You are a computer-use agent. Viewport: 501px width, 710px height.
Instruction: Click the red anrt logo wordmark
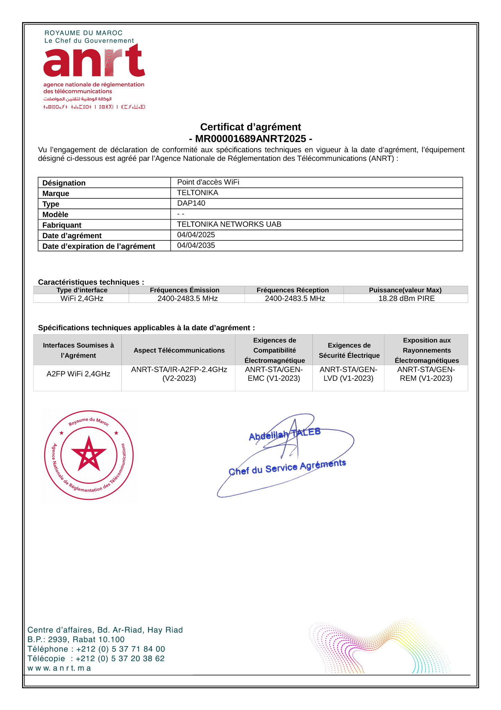(x=94, y=61)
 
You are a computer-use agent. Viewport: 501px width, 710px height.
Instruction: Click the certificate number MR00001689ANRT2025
(x=250, y=139)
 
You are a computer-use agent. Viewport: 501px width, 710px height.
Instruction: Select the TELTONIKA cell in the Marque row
(x=198, y=193)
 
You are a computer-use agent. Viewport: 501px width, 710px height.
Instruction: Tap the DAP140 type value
(x=191, y=203)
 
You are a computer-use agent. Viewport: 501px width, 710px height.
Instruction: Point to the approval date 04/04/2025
(x=196, y=235)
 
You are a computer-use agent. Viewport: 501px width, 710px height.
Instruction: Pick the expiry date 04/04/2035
(x=196, y=246)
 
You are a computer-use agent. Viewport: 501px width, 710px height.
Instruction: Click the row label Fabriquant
(x=62, y=225)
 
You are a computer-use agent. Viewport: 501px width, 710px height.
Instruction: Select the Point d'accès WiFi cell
(x=208, y=182)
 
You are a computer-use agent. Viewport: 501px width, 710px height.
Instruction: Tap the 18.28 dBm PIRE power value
(x=406, y=299)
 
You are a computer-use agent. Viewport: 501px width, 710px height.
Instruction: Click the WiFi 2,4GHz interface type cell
(x=82, y=299)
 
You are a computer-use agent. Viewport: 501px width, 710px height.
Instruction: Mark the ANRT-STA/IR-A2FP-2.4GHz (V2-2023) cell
(x=179, y=374)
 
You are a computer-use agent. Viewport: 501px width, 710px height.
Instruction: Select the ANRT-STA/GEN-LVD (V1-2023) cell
(x=348, y=374)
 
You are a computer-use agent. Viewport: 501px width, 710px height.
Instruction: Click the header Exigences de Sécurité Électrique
(x=349, y=350)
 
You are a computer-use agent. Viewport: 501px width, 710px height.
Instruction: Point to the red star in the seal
(x=89, y=454)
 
